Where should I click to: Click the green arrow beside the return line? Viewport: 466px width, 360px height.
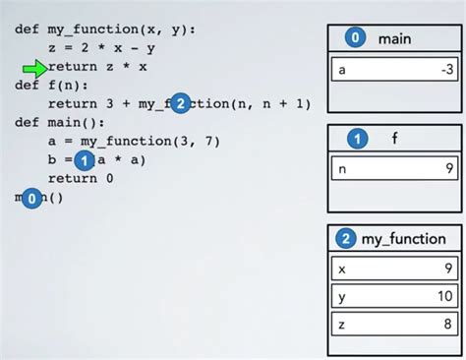(x=34, y=67)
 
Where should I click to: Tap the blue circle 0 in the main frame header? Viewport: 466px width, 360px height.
(x=355, y=39)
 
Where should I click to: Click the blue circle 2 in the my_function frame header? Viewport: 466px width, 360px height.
(x=346, y=239)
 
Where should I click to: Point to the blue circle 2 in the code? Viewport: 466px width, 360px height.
(x=179, y=103)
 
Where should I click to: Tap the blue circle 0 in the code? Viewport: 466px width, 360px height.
(x=33, y=199)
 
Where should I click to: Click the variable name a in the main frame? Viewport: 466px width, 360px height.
(x=342, y=70)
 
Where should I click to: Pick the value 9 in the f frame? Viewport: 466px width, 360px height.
(x=447, y=169)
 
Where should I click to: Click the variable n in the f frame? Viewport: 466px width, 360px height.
(x=342, y=169)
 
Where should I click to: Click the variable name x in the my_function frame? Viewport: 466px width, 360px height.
(x=342, y=269)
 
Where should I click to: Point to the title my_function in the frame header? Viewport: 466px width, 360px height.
(x=403, y=239)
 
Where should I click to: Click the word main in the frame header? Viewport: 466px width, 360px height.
(x=393, y=39)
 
